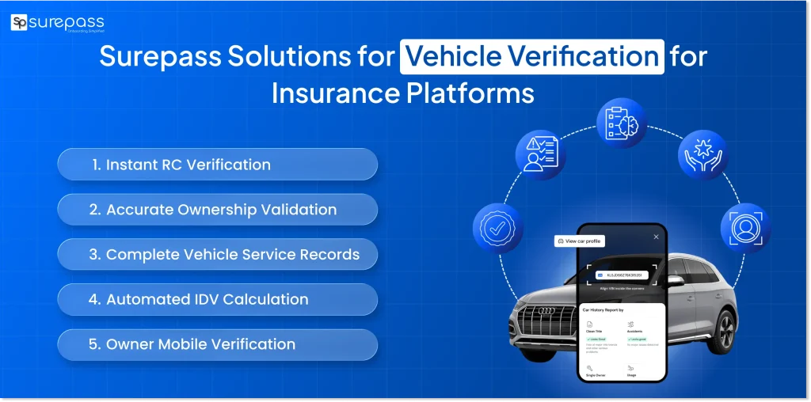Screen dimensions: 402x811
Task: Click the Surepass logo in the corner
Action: pyautogui.click(x=57, y=23)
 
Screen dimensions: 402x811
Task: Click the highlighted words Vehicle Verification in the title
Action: pyautogui.click(x=531, y=57)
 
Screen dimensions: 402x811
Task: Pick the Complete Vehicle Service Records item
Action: pyautogui.click(x=217, y=255)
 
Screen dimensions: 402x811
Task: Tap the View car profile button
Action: pyautogui.click(x=580, y=241)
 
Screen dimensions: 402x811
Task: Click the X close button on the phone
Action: pyautogui.click(x=656, y=237)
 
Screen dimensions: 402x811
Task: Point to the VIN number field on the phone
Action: pyautogui.click(x=623, y=275)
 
